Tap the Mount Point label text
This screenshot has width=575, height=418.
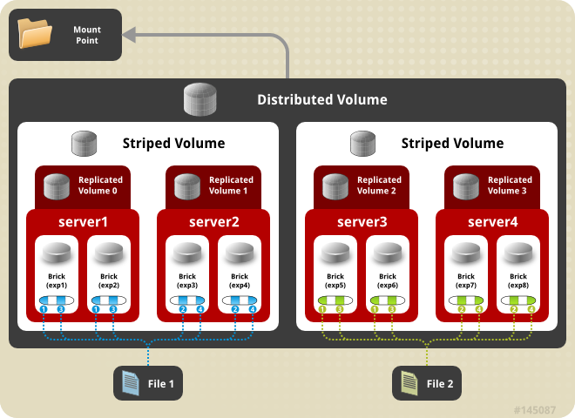86,35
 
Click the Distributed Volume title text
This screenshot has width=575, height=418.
321,99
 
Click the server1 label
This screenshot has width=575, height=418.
83,221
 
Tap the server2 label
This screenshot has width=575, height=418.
213,221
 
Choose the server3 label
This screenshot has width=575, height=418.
362,221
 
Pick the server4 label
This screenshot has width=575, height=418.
492,221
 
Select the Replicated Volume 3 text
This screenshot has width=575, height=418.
510,185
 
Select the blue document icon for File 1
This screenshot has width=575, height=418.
131,381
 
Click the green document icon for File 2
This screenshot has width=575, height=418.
409,381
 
